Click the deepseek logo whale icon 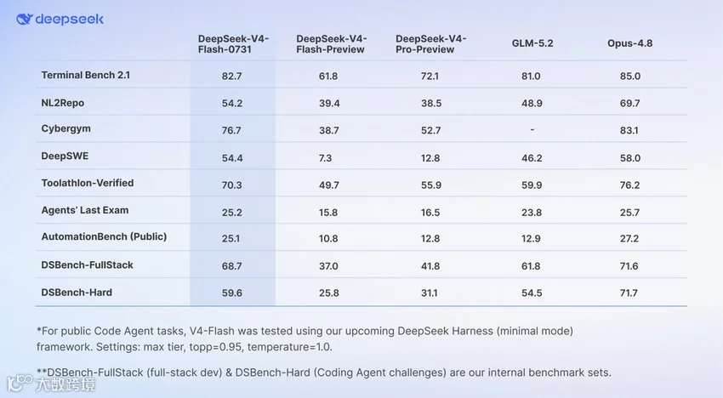(25, 19)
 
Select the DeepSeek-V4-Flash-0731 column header (233, 44)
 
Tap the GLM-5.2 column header (532, 43)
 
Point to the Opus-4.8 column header (629, 43)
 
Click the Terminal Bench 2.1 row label (86, 75)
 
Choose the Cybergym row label (66, 128)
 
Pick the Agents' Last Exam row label (85, 210)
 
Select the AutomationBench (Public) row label (104, 236)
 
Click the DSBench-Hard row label (77, 293)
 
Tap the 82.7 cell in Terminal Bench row (231, 76)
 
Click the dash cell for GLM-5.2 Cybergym (532, 130)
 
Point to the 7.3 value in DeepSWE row (325, 158)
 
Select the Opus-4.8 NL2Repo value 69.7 (629, 103)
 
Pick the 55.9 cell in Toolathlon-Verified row (430, 185)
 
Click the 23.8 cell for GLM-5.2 (532, 213)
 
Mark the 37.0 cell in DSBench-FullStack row (328, 266)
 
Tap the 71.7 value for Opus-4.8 (629, 293)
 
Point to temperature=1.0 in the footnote (289, 347)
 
